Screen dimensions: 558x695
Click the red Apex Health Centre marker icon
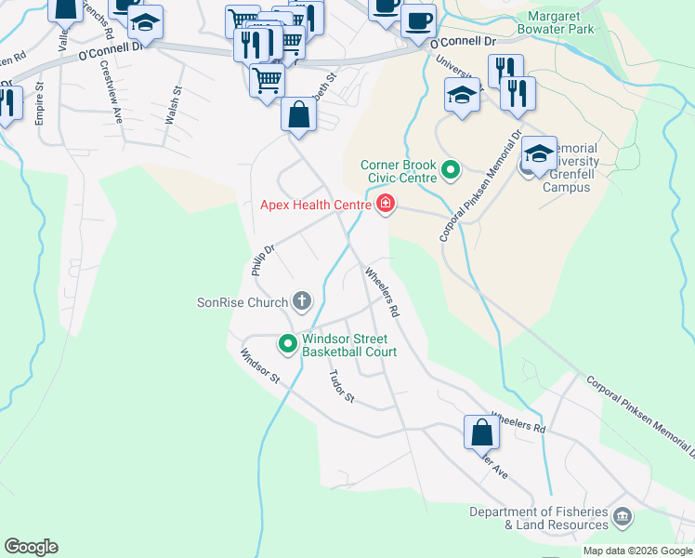click(x=385, y=204)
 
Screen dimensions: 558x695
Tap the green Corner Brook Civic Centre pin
click(x=451, y=170)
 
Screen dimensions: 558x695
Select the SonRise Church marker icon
click(x=301, y=300)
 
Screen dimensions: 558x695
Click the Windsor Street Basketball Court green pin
click(x=287, y=344)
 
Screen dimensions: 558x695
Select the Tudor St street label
click(x=342, y=385)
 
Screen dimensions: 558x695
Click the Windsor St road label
click(x=259, y=365)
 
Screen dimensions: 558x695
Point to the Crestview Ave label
click(x=111, y=93)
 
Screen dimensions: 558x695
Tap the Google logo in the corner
click(x=30, y=547)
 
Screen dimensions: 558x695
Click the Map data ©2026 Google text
click(x=637, y=551)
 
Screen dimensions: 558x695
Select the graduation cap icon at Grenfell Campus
click(x=539, y=152)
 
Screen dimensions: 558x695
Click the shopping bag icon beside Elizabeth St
click(x=299, y=115)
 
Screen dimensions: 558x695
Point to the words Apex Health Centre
click(x=314, y=204)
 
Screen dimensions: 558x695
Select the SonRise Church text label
click(x=241, y=301)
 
